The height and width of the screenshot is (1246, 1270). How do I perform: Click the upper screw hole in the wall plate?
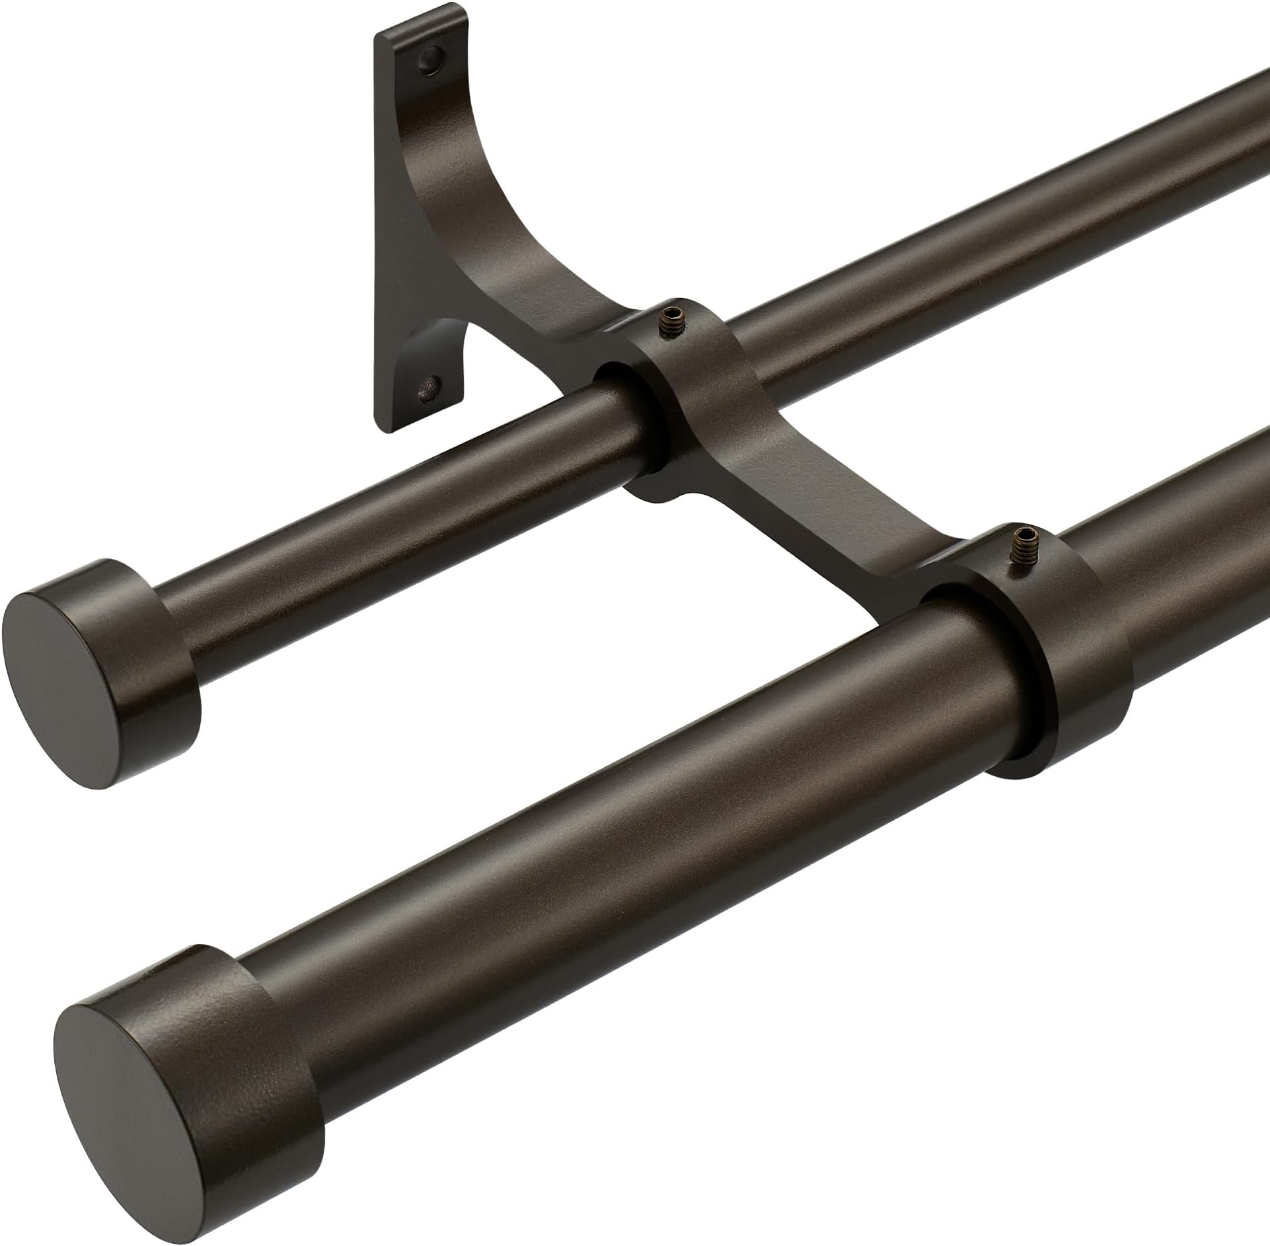432,58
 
